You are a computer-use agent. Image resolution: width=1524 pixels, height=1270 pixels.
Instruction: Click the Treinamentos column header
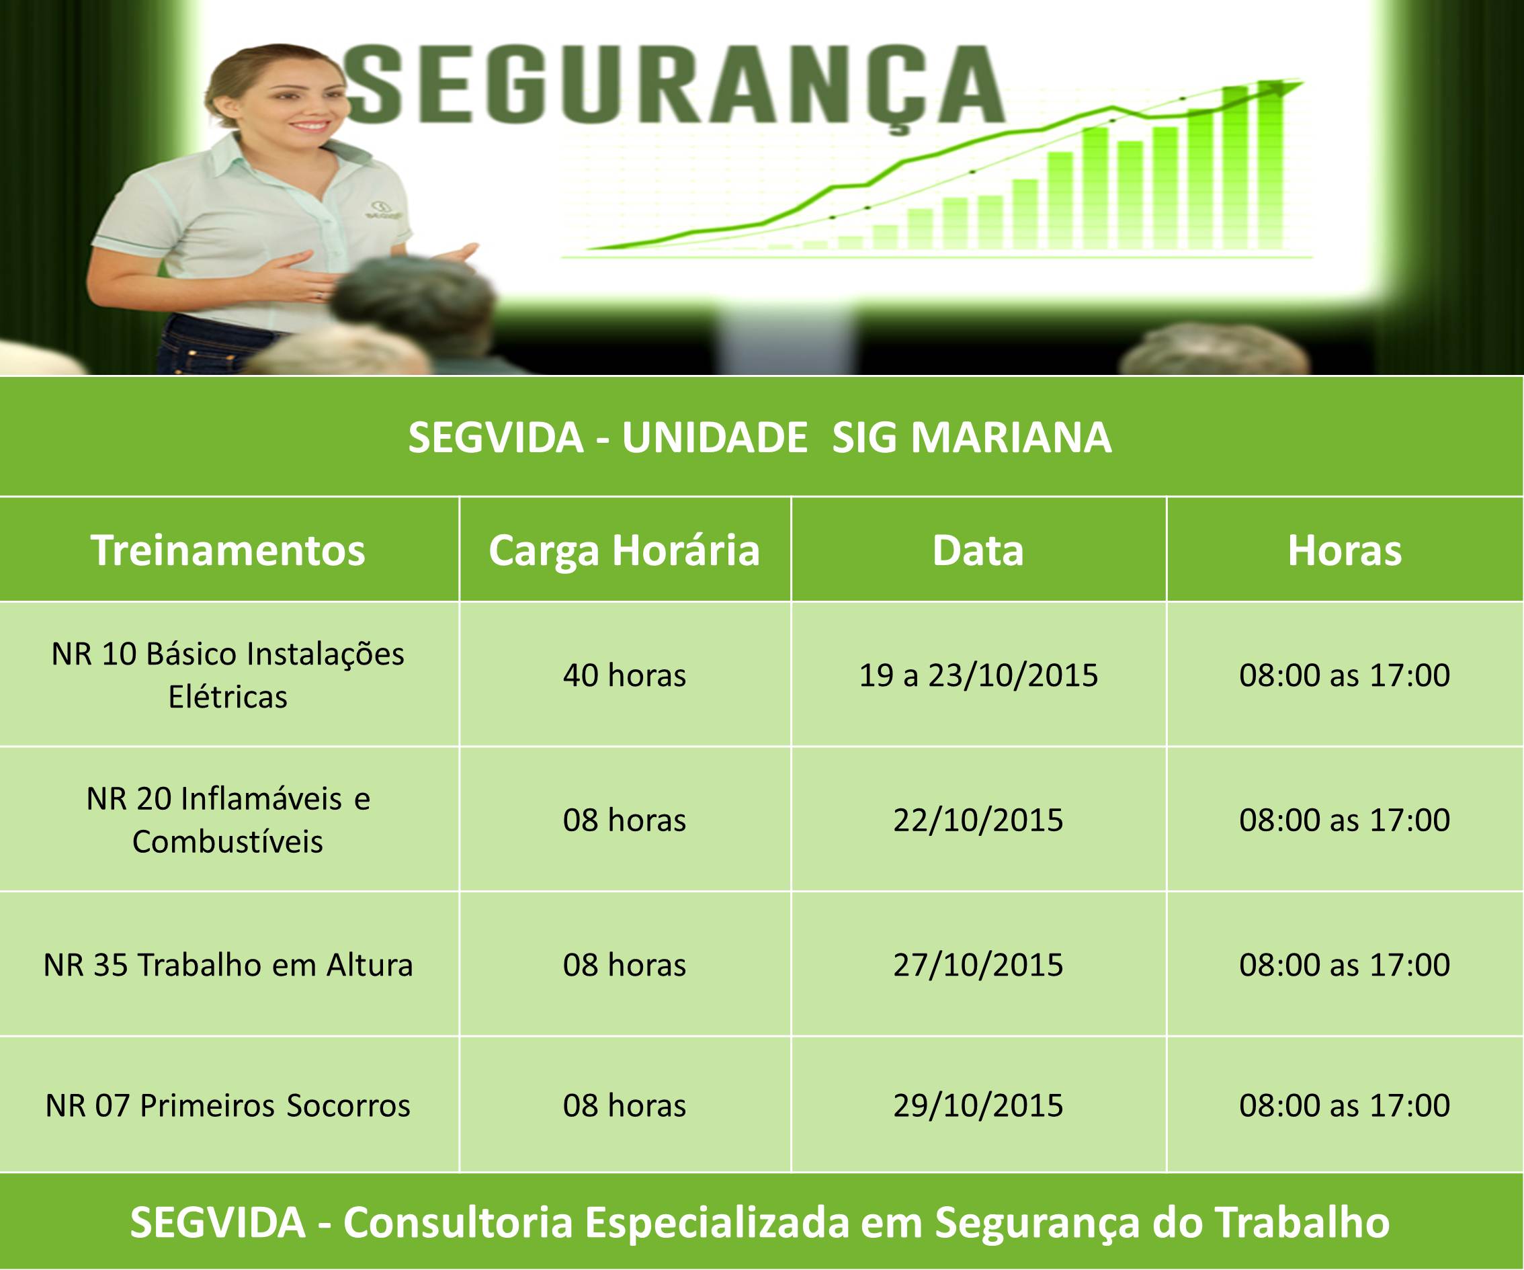228,550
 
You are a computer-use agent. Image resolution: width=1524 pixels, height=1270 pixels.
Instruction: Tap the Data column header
978,550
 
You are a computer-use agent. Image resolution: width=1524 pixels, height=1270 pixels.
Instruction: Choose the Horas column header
1344,550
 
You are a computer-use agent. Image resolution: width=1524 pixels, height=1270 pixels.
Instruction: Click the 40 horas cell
624,675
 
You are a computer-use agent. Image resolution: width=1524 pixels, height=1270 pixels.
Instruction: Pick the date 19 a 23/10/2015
978,675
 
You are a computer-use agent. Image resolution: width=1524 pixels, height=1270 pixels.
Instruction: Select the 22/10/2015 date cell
978,820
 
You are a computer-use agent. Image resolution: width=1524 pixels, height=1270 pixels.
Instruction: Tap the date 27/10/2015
978,965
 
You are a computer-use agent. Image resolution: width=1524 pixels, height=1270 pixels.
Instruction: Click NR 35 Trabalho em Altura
228,965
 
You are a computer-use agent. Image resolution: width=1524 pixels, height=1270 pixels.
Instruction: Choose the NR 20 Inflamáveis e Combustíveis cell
228,820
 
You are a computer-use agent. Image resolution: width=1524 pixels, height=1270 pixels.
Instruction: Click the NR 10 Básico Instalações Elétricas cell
228,675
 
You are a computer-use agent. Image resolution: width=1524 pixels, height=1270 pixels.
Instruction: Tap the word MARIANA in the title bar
1011,437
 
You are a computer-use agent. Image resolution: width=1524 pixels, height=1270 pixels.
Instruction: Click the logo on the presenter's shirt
378,210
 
